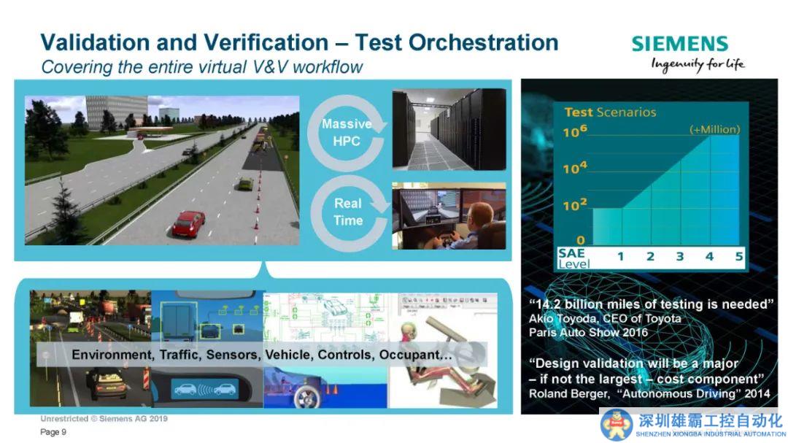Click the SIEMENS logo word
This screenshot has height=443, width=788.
click(679, 44)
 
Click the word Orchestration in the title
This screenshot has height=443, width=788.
click(483, 42)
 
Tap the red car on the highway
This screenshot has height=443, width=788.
click(188, 223)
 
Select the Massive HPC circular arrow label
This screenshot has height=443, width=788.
click(347, 132)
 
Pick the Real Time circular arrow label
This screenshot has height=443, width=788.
click(348, 212)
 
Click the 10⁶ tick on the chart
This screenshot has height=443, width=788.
click(574, 131)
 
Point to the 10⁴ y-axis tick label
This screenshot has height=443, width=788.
click(574, 167)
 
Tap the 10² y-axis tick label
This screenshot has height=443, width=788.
click(574, 204)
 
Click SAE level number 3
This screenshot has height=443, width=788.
click(679, 256)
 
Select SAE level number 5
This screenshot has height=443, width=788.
click(738, 256)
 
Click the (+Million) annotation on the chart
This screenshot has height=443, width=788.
click(714, 129)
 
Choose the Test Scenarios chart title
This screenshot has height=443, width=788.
click(610, 112)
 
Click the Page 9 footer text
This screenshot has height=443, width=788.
click(53, 432)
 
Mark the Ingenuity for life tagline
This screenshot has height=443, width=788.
click(698, 65)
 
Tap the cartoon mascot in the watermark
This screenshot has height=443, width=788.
click(617, 425)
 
